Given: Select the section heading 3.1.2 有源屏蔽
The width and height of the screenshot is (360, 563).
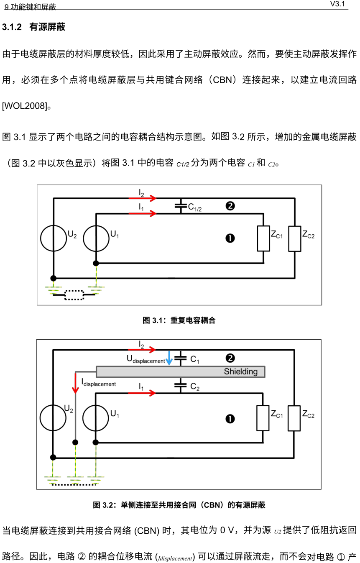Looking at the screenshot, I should pos(34,28).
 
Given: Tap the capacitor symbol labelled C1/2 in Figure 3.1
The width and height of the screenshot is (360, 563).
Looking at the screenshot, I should pos(181,206).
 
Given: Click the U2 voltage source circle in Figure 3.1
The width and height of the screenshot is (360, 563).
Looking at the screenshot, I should pos(54,238).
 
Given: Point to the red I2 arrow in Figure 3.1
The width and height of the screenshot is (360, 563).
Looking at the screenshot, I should pos(142,198).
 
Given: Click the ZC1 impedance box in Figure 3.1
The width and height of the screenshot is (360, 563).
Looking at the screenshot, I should pos(263,238).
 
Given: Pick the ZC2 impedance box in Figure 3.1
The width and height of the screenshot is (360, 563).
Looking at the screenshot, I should pos(295,238).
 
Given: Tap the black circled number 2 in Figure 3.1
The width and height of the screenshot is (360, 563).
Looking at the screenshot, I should pos(230,206).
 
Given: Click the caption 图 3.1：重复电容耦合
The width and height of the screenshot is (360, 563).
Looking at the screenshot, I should pos(179,320).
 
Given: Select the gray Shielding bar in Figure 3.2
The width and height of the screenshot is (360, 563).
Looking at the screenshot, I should pos(181,371).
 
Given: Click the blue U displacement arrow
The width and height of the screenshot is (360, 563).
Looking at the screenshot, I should pos(169,358).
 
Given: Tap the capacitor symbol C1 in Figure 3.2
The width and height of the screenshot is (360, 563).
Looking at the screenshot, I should pos(180,358).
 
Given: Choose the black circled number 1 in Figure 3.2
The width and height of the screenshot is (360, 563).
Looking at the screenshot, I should pos(230,419).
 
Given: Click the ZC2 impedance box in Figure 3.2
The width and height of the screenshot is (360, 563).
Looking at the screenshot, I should pos(294,418).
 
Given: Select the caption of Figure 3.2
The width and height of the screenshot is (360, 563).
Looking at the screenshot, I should pos(179,505).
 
